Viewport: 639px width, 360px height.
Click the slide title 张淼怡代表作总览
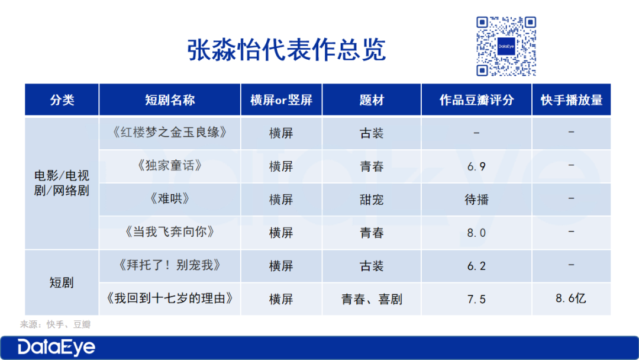(286, 50)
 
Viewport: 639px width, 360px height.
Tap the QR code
(506, 46)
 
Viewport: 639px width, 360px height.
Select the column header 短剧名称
(170, 100)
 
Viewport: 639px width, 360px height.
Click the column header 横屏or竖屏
(281, 100)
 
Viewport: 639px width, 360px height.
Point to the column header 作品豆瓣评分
(476, 100)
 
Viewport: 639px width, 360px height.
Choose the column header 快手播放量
(572, 100)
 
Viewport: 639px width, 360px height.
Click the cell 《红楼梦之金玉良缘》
(170, 133)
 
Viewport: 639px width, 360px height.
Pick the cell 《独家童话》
(170, 166)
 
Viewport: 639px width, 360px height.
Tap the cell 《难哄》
(170, 199)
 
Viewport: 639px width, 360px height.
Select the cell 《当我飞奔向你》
(170, 232)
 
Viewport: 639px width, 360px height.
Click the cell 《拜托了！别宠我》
(170, 265)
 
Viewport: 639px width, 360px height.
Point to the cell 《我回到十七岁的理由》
(170, 298)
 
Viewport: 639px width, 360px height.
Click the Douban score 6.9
(476, 166)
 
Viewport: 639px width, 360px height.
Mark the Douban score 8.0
(476, 233)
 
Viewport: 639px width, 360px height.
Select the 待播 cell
(476, 200)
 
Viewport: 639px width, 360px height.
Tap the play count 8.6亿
(571, 298)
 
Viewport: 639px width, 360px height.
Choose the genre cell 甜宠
(372, 200)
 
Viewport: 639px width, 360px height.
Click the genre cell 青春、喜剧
(372, 299)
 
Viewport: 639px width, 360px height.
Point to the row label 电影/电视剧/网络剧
(62, 183)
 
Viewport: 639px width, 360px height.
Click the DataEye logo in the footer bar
(56, 348)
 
